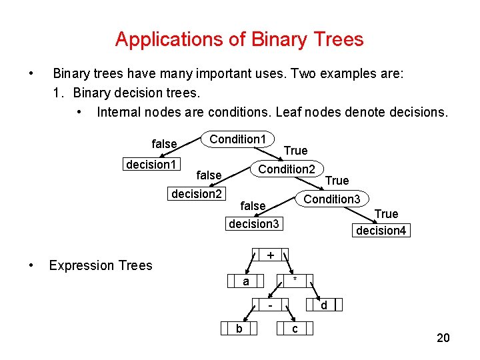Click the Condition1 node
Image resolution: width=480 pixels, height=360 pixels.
click(x=238, y=139)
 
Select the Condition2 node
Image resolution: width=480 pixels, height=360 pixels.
click(x=287, y=169)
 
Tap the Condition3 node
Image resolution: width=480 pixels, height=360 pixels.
click(x=331, y=199)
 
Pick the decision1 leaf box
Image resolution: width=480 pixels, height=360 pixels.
click(x=151, y=165)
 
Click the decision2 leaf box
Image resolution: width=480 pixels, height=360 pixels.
click(x=197, y=194)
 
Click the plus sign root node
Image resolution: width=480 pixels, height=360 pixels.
click(x=271, y=256)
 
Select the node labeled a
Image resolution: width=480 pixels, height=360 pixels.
click(x=246, y=282)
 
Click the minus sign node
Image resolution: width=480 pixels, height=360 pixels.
click(x=271, y=305)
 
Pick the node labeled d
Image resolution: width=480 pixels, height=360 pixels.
click(x=324, y=305)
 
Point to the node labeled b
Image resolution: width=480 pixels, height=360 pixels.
click(x=239, y=329)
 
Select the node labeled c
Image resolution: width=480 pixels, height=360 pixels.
click(x=295, y=329)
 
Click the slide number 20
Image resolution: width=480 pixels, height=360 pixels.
click(x=443, y=339)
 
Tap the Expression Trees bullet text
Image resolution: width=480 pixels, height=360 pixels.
click(x=101, y=265)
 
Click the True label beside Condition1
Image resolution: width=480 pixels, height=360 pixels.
click(x=295, y=151)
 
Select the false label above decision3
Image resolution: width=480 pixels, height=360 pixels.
click(x=253, y=206)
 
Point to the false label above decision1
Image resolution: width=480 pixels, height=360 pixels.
click(x=164, y=144)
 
